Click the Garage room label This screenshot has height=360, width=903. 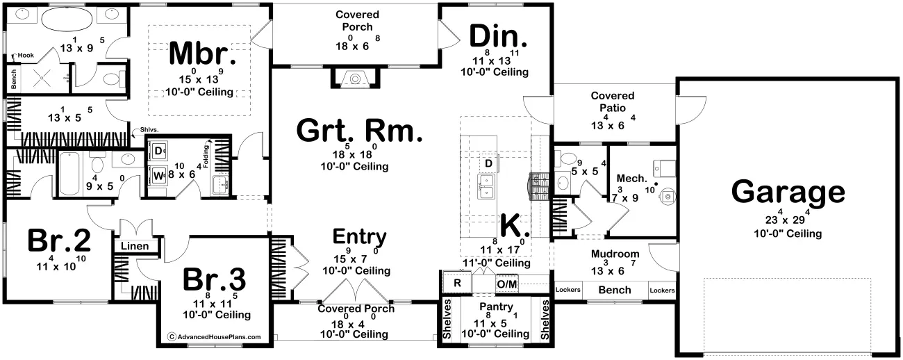click(788, 193)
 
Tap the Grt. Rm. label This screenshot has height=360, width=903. click(359, 131)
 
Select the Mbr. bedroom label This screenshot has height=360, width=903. click(203, 54)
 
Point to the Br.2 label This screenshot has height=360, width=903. click(59, 240)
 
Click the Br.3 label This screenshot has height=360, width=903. click(214, 279)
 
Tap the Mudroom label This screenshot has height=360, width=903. click(615, 254)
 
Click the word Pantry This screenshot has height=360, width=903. click(496, 306)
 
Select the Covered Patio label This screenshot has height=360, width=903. click(612, 102)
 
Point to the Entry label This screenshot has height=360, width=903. click(359, 236)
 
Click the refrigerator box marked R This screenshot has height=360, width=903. click(457, 283)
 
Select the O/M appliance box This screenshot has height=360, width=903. click(506, 284)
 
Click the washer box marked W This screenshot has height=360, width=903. click(158, 175)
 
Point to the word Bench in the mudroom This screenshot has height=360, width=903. click(615, 290)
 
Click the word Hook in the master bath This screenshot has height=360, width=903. click(26, 55)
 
